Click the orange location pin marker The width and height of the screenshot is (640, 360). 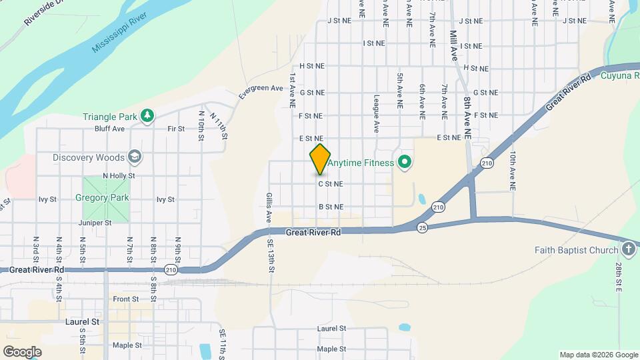point(320,160)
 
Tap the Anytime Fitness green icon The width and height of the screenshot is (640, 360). point(404,162)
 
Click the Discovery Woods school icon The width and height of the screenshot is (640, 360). point(135,157)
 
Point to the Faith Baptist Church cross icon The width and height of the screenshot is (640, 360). point(627,250)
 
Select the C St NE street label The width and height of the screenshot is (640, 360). point(330,183)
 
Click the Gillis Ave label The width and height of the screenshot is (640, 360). point(269,207)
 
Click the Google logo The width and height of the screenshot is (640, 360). point(22,351)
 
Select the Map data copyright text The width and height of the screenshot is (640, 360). point(598,355)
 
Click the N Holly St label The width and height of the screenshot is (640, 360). point(120,176)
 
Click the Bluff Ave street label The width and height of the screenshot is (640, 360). point(110,129)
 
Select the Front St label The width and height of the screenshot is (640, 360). point(126,299)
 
